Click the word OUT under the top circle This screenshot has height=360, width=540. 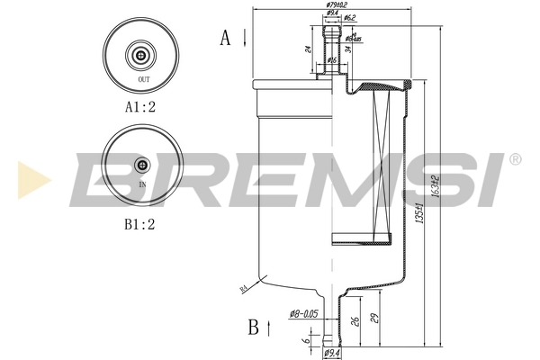143,80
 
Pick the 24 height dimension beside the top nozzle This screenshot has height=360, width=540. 308,49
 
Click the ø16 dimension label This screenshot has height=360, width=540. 332,60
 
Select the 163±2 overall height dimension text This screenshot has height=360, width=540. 435,188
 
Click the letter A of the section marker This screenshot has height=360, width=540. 226,37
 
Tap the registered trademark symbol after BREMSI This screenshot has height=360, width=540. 514,159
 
